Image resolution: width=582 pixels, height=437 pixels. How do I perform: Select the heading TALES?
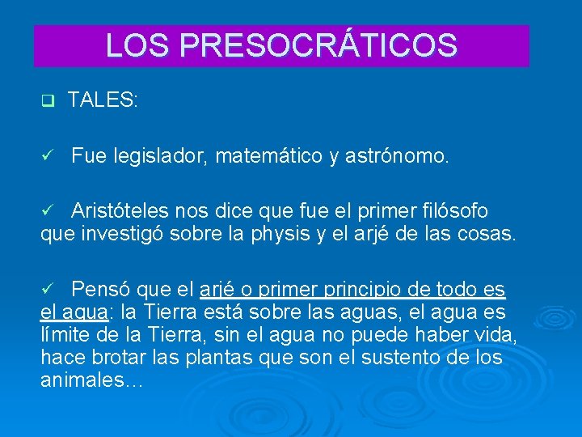(103, 100)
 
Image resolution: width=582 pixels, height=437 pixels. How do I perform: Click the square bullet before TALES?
(46, 101)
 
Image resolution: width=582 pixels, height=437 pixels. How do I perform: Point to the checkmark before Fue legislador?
(47, 156)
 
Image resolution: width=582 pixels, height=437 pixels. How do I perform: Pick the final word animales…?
(91, 380)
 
